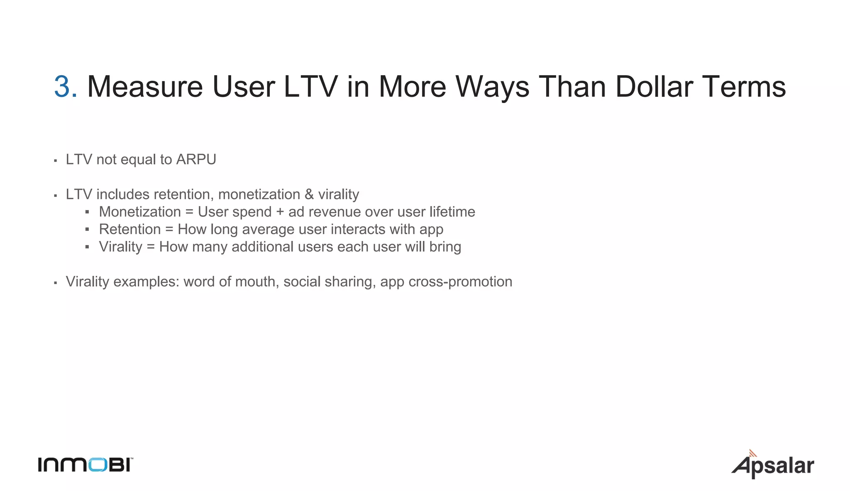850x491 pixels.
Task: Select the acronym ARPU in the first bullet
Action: click(x=196, y=160)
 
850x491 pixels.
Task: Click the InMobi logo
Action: click(x=85, y=464)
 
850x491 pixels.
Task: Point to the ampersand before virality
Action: click(x=309, y=194)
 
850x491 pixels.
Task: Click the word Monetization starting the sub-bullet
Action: click(x=140, y=212)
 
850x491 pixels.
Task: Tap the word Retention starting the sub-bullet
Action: click(x=130, y=229)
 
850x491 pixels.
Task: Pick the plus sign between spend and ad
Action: click(x=280, y=212)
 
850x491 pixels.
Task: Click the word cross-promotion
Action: click(x=460, y=282)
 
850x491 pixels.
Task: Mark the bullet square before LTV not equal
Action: click(x=55, y=161)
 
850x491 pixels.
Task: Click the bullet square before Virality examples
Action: click(x=55, y=283)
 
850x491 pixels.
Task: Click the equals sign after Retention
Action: click(x=169, y=230)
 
